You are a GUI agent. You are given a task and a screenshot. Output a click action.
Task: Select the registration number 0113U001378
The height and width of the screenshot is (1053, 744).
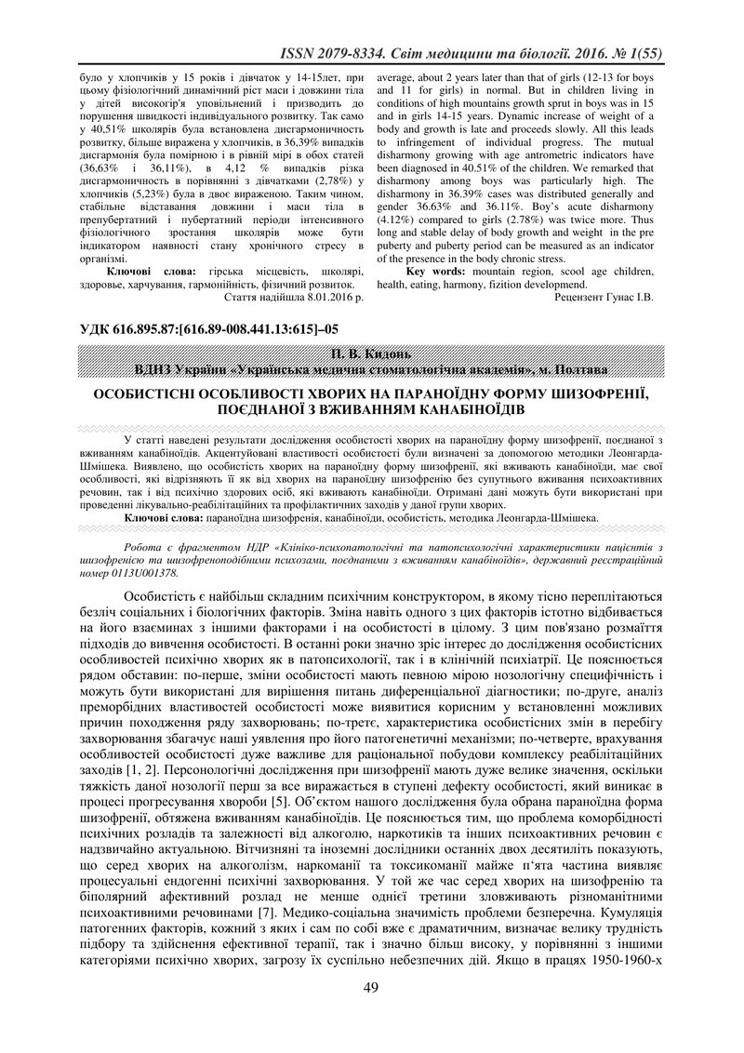coord(138,573)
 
